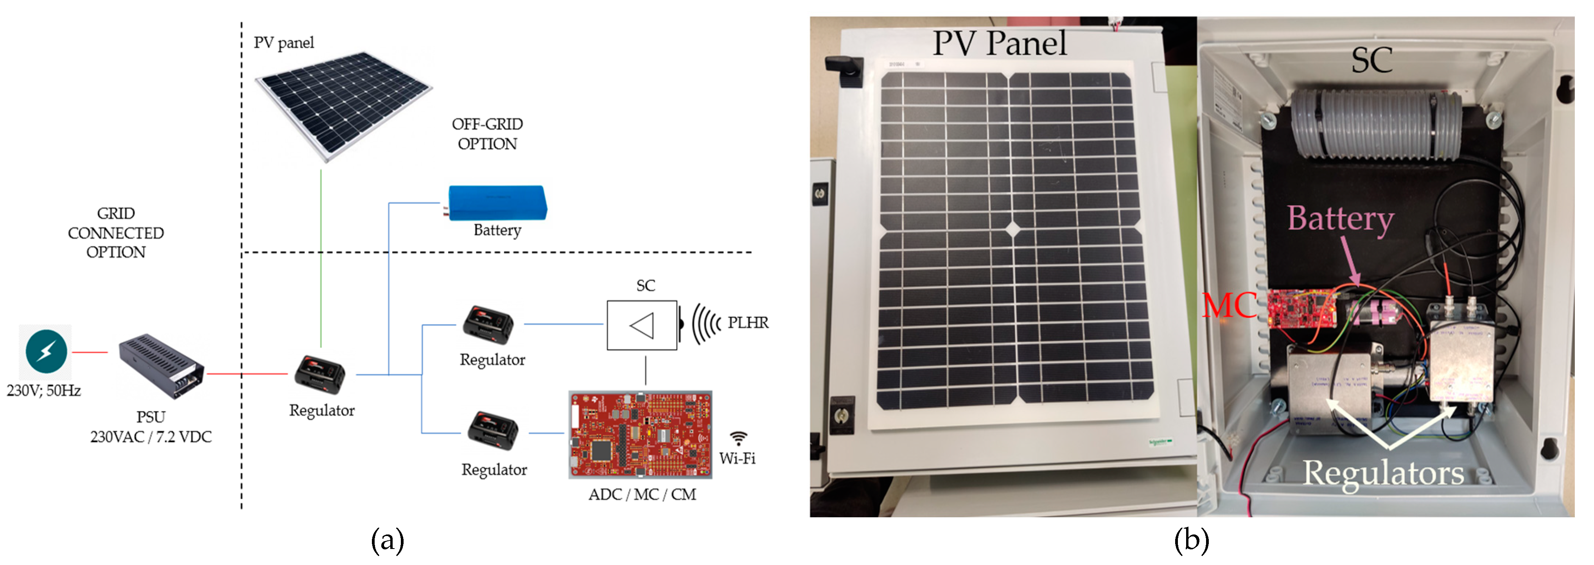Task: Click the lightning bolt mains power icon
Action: click(x=46, y=351)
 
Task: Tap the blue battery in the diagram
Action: click(x=497, y=202)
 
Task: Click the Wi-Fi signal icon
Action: click(x=738, y=438)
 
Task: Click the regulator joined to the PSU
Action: click(x=319, y=374)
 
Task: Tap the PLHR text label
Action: click(x=748, y=322)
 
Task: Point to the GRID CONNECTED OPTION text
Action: click(x=116, y=233)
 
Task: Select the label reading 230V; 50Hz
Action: click(x=43, y=390)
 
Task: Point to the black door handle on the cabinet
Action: click(x=841, y=65)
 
